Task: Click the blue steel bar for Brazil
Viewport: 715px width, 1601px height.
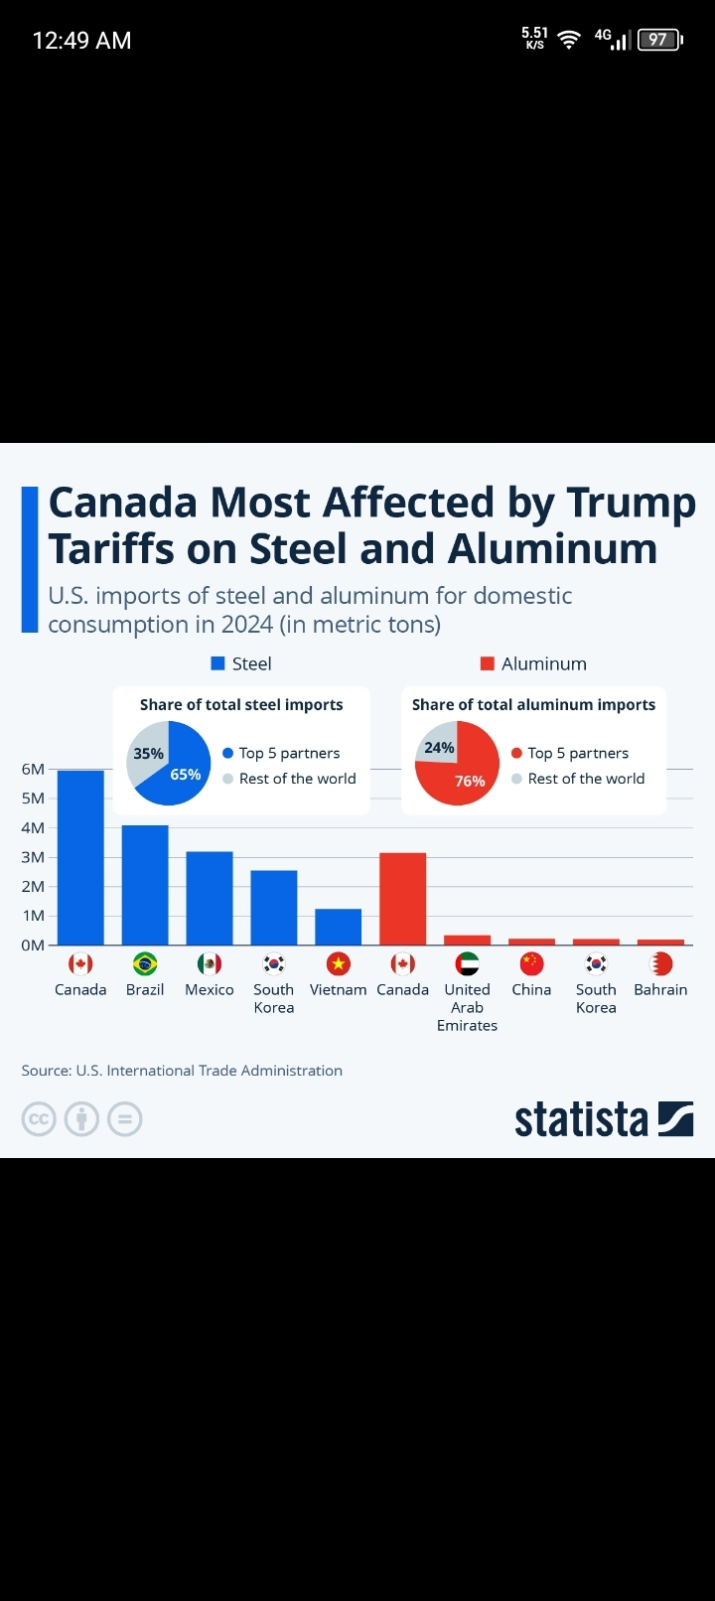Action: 145,885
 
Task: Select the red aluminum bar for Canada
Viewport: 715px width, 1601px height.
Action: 402,899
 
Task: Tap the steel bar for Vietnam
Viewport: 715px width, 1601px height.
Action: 338,927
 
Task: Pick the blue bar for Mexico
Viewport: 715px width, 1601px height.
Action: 210,898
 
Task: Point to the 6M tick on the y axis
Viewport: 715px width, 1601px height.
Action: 33,769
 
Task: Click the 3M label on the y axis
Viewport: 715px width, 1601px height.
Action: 33,857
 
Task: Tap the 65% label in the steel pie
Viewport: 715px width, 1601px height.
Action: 186,775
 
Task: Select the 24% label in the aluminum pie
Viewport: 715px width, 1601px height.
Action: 439,748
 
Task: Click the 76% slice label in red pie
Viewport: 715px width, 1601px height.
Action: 470,781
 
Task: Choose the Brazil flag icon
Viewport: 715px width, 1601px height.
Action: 145,963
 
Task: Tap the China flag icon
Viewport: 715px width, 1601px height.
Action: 531,963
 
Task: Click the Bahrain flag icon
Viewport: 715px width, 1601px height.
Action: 660,963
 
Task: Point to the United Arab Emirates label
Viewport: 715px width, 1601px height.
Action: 467,1007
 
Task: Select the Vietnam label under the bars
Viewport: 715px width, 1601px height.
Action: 338,989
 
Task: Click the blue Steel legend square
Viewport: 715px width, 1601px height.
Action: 218,663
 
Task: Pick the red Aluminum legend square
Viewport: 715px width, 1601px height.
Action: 488,663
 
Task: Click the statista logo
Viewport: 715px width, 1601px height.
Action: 603,1119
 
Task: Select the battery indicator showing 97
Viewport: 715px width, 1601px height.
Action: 659,40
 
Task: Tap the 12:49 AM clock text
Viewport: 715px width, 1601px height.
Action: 81,41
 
